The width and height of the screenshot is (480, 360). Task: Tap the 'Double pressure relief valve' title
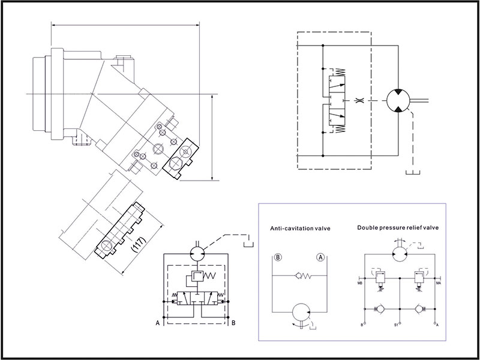point(397,228)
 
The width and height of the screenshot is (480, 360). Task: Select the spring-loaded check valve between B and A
point(299,277)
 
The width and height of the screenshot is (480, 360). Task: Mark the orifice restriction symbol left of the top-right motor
point(359,100)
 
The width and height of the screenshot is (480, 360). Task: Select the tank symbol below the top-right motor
point(413,173)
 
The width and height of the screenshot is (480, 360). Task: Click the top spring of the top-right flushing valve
point(340,73)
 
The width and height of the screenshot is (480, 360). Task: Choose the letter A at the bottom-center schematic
point(158,322)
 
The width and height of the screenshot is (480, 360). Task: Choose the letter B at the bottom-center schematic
point(233,322)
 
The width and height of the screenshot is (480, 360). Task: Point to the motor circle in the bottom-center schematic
point(196,251)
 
